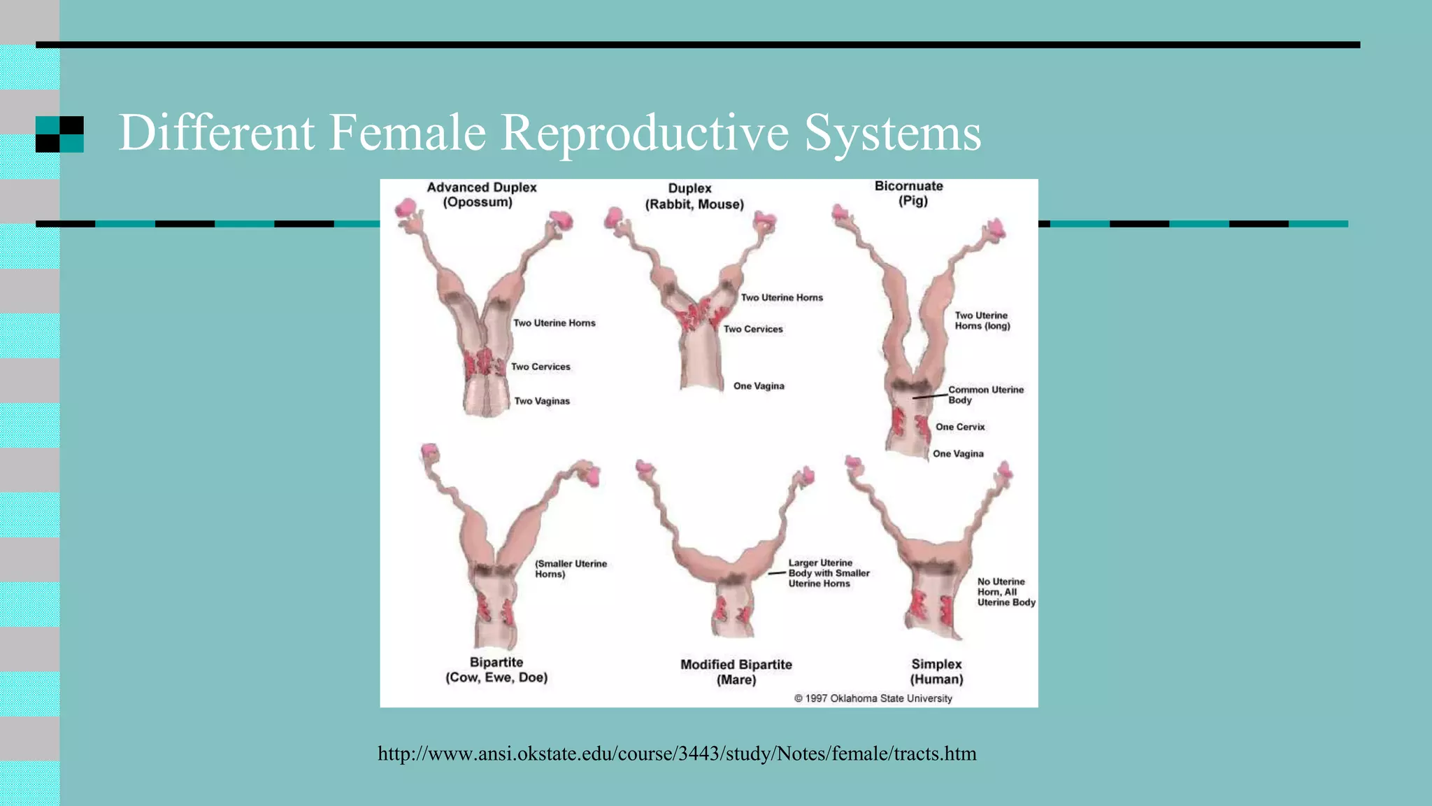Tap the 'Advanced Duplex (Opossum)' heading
coord(481,195)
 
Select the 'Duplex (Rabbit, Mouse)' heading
coord(694,197)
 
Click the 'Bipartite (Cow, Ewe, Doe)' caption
coord(496,670)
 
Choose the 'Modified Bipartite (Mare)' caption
coord(736,672)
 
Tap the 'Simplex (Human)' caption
coord(936,671)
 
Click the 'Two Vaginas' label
coord(542,401)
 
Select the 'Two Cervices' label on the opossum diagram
coord(540,367)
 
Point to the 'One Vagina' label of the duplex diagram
coord(759,386)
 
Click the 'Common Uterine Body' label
coord(985,395)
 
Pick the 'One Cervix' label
coord(960,427)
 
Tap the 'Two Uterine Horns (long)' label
coord(982,320)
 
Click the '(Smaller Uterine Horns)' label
coord(571,569)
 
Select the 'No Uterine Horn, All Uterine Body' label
coord(1006,592)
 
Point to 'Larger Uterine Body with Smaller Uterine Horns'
coord(829,573)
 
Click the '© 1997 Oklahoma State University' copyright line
coord(873,698)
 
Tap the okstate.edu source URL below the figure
coord(677,754)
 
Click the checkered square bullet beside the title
coord(59,134)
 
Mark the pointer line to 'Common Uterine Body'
coord(929,397)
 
